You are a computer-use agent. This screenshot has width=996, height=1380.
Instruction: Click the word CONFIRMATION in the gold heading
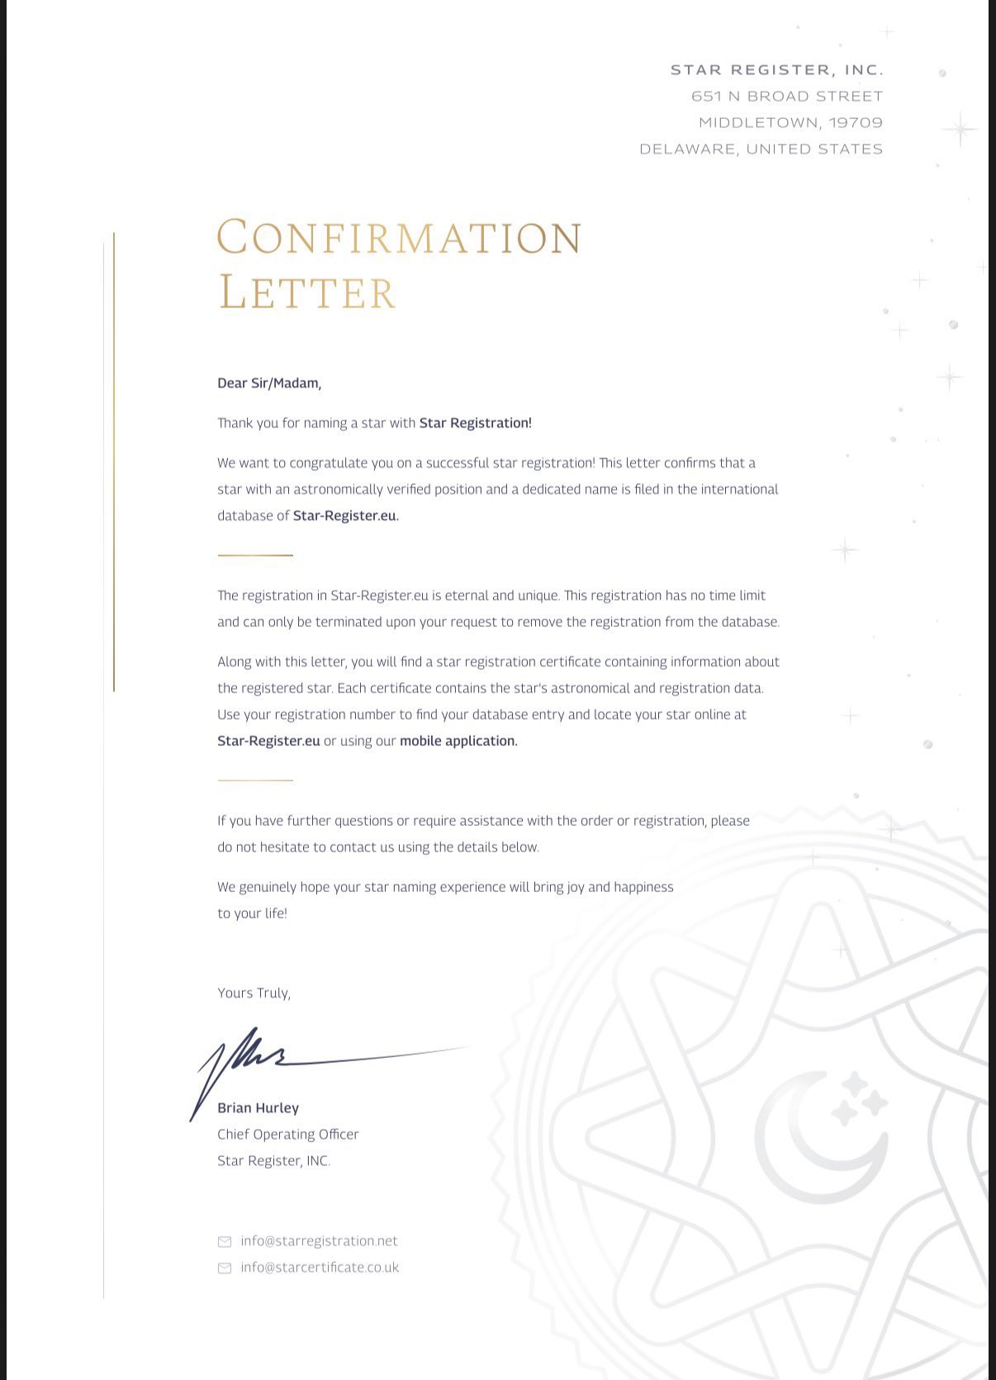click(x=399, y=238)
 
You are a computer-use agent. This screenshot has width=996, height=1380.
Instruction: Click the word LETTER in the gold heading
click(x=307, y=293)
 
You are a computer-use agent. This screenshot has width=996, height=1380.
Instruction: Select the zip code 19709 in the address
click(x=856, y=123)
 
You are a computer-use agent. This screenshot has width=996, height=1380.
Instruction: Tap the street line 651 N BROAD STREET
click(x=787, y=97)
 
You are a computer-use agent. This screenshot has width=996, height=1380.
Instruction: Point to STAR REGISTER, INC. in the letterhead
click(x=776, y=70)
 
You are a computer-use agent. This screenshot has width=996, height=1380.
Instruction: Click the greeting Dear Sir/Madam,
click(x=269, y=383)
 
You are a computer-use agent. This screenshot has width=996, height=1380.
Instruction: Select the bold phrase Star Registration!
click(x=475, y=423)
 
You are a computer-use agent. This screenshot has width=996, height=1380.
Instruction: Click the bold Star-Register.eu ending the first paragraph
click(x=345, y=515)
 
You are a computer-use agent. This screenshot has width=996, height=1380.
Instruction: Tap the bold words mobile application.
click(x=458, y=741)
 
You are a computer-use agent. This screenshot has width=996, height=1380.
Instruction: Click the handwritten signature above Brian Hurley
click(x=248, y=1057)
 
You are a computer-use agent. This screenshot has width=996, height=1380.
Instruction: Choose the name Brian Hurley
click(x=258, y=1108)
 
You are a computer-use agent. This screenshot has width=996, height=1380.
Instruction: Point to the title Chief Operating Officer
click(x=287, y=1135)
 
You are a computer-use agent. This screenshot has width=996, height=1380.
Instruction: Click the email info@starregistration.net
click(x=319, y=1241)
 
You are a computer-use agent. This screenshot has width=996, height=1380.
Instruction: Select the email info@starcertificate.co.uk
click(x=320, y=1268)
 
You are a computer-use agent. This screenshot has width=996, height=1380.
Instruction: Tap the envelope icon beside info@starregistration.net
click(x=224, y=1242)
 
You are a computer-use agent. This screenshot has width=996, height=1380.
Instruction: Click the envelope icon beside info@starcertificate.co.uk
click(x=224, y=1269)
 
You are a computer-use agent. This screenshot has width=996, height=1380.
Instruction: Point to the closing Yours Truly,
click(x=254, y=993)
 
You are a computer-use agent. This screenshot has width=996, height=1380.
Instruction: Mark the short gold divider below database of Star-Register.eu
click(x=255, y=556)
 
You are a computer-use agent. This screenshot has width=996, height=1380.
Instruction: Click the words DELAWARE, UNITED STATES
click(x=761, y=149)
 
